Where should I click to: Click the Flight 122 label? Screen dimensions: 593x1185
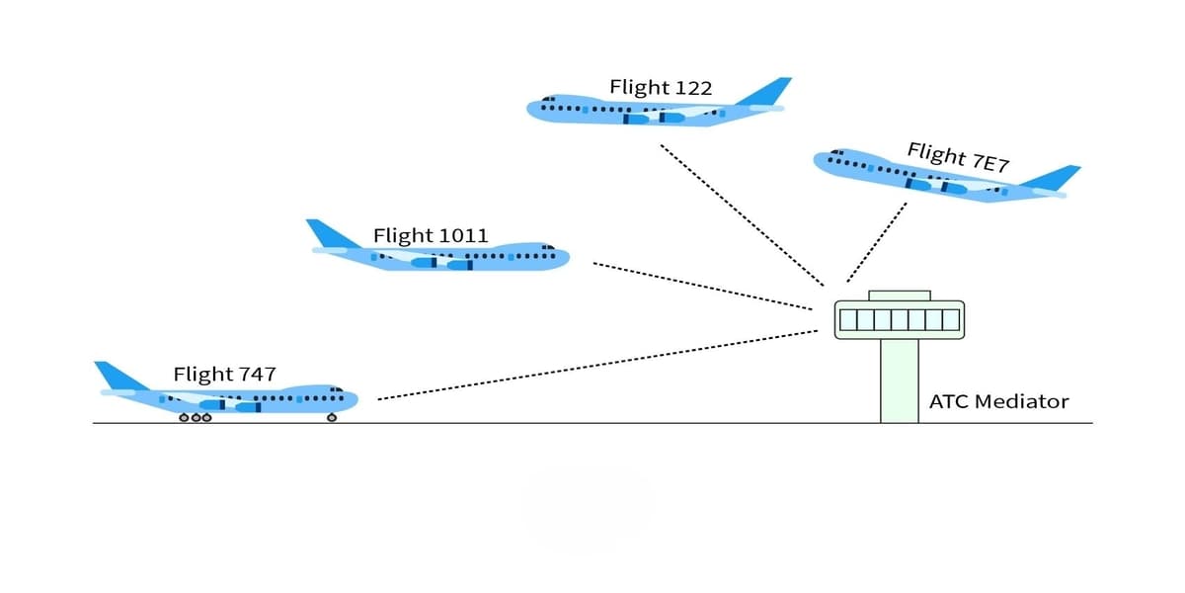click(660, 88)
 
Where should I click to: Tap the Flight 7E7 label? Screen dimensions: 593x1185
click(957, 157)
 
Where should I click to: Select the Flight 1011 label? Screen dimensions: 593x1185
click(430, 235)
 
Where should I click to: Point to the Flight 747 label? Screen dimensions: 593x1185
click(224, 375)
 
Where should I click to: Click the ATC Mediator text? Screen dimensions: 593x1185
click(998, 401)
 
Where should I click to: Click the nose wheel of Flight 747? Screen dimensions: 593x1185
click(332, 418)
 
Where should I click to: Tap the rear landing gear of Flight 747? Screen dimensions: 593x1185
click(196, 418)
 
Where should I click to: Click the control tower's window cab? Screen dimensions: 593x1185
click(899, 319)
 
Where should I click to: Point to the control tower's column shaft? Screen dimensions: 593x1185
click(899, 381)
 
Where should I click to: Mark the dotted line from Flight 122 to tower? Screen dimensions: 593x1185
click(741, 213)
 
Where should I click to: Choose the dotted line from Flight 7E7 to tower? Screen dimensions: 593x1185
click(877, 243)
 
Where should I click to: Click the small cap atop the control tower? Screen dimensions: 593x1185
click(899, 296)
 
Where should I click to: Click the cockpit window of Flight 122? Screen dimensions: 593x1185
click(546, 99)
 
